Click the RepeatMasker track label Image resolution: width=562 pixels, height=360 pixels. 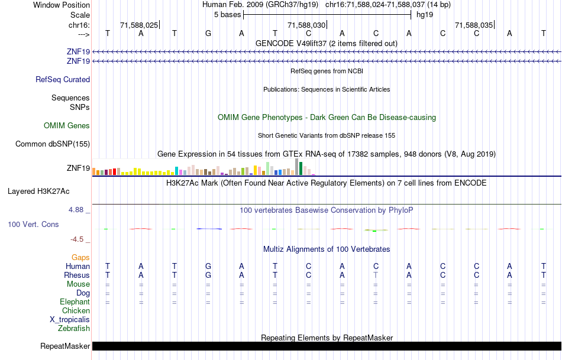pos(65,346)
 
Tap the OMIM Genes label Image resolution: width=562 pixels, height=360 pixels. pos(67,125)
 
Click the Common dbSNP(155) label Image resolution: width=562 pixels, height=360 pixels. pos(53,144)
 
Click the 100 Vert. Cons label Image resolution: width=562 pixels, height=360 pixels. pos(33,225)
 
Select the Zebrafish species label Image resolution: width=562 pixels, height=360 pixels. pos(74,328)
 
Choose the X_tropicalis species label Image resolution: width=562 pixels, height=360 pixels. pos(70,319)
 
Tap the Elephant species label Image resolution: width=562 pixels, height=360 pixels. pos(75,301)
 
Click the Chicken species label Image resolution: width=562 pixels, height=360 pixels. pos(76,310)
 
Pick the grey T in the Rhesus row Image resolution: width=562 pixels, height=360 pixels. pos(376,275)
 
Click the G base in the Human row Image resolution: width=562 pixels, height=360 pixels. pos(208,267)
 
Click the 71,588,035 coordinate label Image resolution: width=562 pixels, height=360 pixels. pos(474,25)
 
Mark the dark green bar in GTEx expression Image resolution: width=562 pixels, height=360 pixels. pos(301,168)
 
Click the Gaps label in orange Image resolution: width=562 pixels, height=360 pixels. pos(80,257)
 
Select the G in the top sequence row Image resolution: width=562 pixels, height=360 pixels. pos(208,33)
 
